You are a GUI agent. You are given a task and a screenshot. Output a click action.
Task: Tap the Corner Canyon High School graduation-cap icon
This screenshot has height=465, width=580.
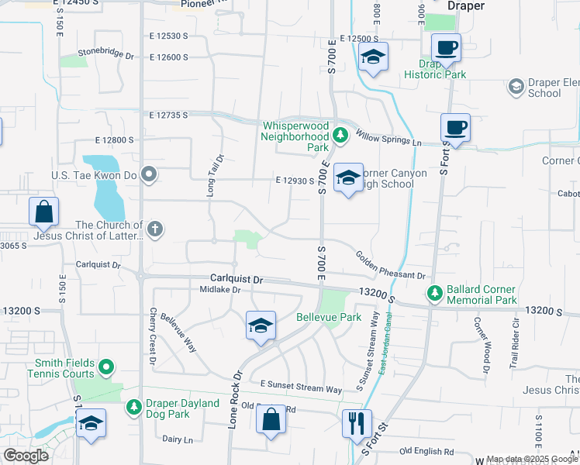pyautogui.click(x=349, y=178)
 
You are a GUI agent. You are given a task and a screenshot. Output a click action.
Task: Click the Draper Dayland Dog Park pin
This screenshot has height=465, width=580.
pyautogui.click(x=134, y=405)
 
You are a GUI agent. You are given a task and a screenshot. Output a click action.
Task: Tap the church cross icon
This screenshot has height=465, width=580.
pyautogui.click(x=155, y=228)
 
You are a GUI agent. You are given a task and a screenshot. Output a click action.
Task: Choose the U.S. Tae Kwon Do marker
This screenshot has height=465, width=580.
pyautogui.click(x=150, y=175)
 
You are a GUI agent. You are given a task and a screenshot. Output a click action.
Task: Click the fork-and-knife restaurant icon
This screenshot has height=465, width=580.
pyautogui.click(x=357, y=422)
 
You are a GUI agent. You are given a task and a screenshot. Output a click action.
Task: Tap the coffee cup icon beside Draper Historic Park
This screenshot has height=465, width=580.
pyautogui.click(x=446, y=48)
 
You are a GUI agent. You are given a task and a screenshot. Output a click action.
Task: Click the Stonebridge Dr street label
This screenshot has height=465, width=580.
pyautogui.click(x=106, y=56)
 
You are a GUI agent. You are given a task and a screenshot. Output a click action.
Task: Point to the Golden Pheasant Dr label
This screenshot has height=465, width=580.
pyautogui.click(x=391, y=265)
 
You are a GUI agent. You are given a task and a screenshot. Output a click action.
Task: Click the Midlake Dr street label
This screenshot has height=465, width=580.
pyautogui.click(x=221, y=290)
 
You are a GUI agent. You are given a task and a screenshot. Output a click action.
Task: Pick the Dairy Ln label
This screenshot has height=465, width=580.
pyautogui.click(x=178, y=439)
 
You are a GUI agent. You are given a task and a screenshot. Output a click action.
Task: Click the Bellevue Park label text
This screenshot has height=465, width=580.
pyautogui.click(x=329, y=318)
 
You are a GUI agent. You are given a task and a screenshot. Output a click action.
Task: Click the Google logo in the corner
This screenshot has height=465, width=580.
pyautogui.click(x=26, y=456)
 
